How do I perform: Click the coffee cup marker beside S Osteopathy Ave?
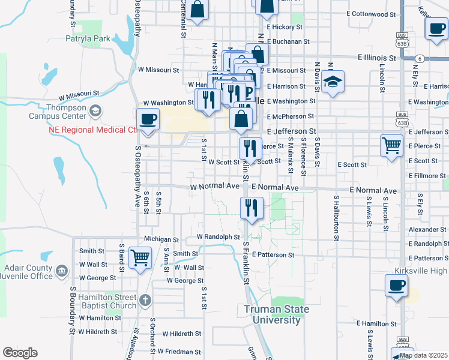point(148,119)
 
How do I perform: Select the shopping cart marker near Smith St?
point(140,258)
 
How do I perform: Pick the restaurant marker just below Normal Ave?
point(251,208)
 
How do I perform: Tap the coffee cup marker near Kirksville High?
point(396,286)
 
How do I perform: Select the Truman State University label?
point(277,314)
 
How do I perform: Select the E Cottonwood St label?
point(372,13)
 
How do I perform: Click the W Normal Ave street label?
point(215,187)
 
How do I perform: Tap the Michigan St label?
point(158,239)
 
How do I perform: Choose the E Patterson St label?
point(273,255)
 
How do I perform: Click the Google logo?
point(20,353)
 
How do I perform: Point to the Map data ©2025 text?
point(423,355)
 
